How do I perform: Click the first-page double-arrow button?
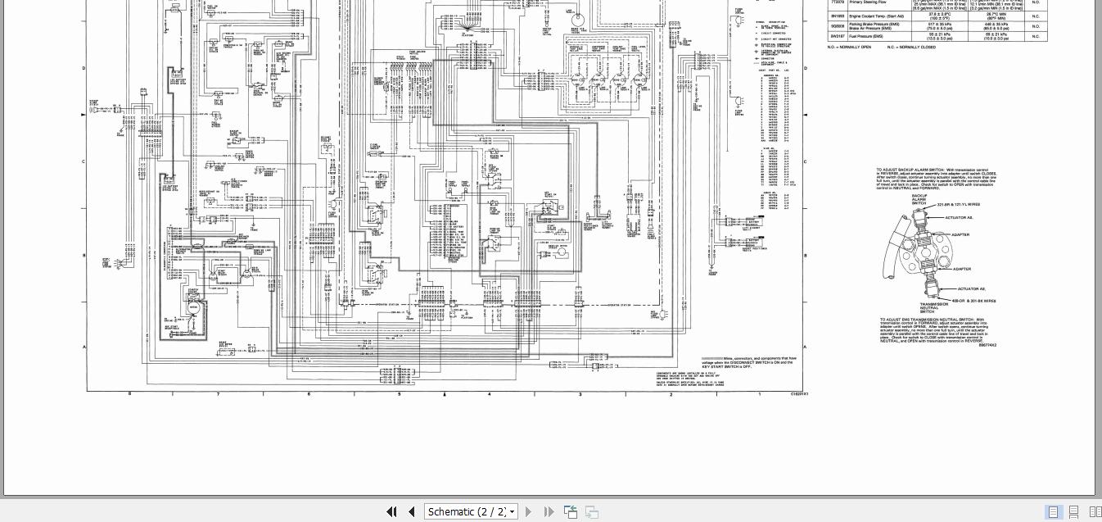[391, 511]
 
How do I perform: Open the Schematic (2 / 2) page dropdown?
[472, 511]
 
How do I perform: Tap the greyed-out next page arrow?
[528, 511]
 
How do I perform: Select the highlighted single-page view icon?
[1054, 512]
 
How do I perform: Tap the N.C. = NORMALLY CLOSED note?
[911, 47]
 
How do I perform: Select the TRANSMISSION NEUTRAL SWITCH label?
[928, 307]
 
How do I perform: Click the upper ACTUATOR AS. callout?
[959, 217]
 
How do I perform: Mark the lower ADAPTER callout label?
[961, 269]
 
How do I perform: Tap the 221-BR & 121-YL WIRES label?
[958, 204]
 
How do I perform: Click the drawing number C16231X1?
[799, 393]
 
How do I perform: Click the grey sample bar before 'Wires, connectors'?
[711, 358]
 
